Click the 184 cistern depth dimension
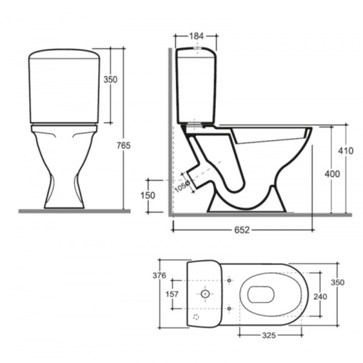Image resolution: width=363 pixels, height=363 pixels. (x=197, y=36)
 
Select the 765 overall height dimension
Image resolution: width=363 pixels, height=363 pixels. (x=123, y=145)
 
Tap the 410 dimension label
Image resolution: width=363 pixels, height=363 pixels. (x=345, y=151)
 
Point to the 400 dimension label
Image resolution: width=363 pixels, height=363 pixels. (x=332, y=174)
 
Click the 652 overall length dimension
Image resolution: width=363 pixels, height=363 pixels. (x=242, y=230)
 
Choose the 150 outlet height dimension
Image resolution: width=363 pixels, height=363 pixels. (x=148, y=196)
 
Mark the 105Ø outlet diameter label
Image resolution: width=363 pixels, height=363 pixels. (x=182, y=186)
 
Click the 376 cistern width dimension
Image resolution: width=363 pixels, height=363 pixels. (x=159, y=275)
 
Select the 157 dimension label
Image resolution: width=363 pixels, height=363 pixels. (x=172, y=294)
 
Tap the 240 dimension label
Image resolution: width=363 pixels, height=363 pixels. (x=320, y=296)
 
